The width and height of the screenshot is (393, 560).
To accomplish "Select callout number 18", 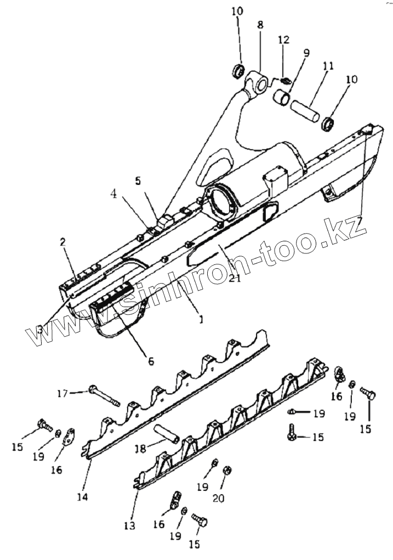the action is point(140,448).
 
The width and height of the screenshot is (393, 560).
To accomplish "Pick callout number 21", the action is point(235,278).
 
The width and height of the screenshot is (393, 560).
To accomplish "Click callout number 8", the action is point(260,25).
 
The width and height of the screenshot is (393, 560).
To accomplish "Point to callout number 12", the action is point(283,40).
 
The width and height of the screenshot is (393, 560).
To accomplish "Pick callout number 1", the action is point(201,319).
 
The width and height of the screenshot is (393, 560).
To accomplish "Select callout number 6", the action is point(150,361).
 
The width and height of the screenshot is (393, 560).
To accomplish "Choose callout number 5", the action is point(138,180).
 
